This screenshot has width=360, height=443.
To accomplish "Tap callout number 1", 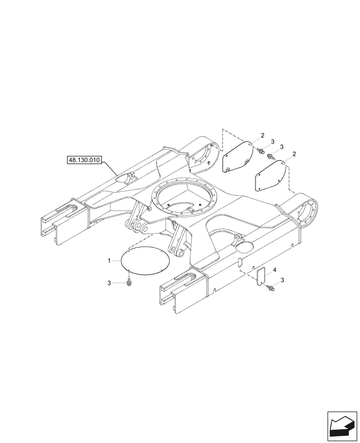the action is click(110, 261).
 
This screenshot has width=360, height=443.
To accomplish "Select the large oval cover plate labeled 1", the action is click(145, 263).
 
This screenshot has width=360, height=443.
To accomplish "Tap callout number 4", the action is click(275, 270).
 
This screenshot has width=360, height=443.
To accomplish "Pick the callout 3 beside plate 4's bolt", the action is click(282, 281).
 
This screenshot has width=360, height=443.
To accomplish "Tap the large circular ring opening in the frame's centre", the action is click(184, 199).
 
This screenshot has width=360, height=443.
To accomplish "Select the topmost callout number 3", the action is click(273, 141).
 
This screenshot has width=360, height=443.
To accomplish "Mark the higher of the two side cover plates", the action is click(238, 158).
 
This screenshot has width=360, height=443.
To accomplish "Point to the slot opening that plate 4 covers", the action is click(240, 263).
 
